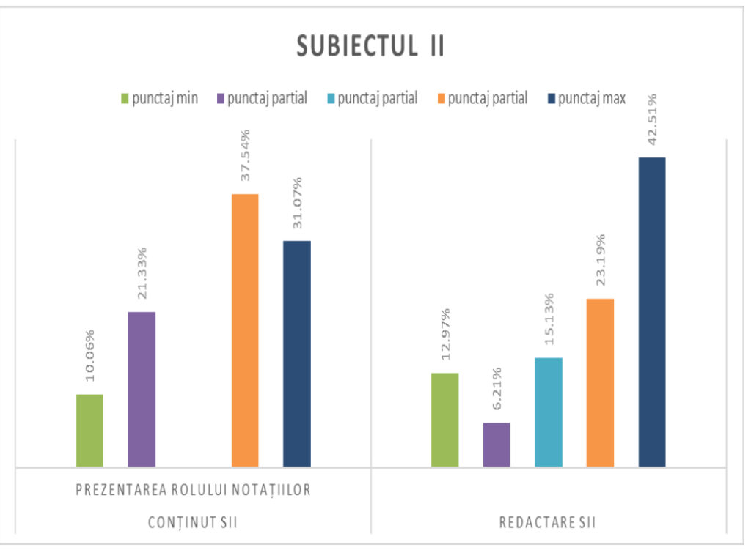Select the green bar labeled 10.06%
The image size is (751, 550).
click(89, 431)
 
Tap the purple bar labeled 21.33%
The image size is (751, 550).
click(142, 389)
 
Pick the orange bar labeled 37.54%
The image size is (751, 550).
click(245, 330)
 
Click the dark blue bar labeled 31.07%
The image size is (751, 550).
click(297, 354)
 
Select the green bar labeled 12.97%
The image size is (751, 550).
click(444, 420)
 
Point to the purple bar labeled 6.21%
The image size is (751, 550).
click(497, 445)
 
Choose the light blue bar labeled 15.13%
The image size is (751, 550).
click(549, 412)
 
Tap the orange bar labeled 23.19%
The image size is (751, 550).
click(600, 382)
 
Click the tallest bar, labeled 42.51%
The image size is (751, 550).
click(652, 312)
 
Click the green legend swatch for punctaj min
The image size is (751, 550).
click(125, 98)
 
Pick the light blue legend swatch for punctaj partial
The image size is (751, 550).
click(331, 98)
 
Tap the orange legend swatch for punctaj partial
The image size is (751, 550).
click(442, 98)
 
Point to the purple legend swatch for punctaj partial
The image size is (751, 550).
click(221, 98)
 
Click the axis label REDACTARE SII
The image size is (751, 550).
click(547, 523)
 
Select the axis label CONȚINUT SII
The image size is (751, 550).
click(192, 523)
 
